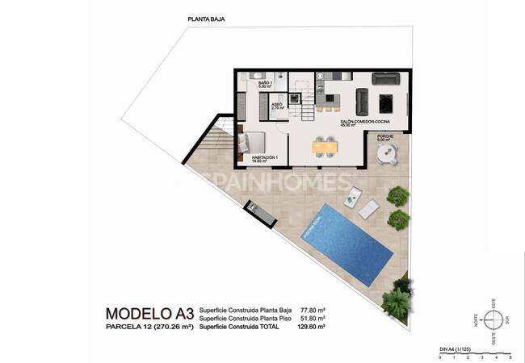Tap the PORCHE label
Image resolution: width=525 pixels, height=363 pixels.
point(385,138)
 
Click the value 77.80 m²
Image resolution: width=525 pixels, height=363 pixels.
point(311,309)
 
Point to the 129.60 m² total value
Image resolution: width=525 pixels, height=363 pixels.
point(310,327)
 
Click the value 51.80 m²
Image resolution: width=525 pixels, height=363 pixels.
point(311,318)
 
